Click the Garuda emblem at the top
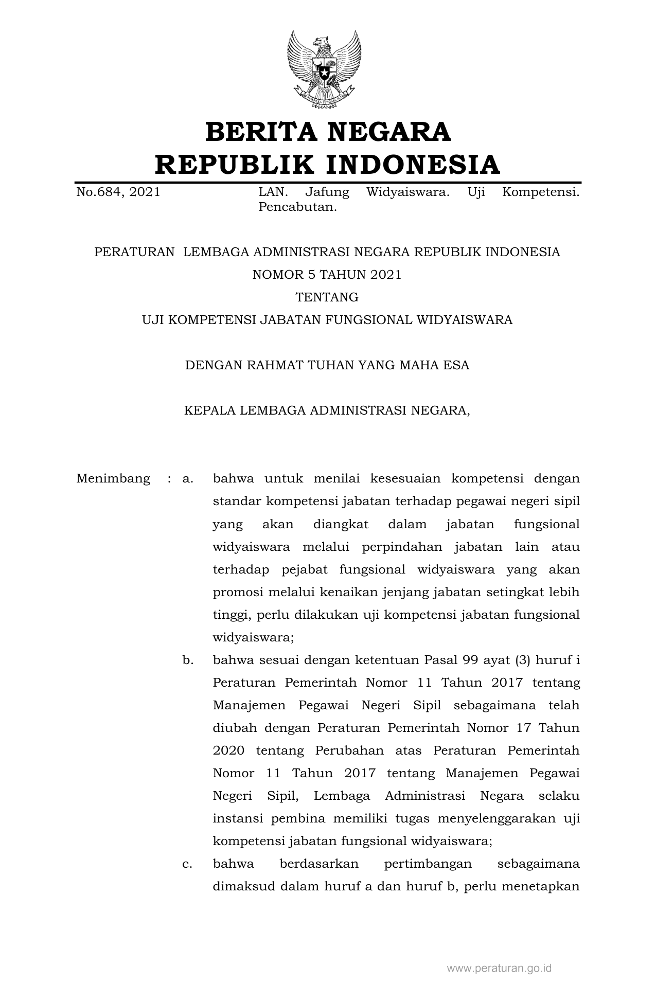(x=324, y=69)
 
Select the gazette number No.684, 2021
(x=118, y=192)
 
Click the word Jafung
(x=327, y=192)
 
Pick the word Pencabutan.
(x=298, y=208)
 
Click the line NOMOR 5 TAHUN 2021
(x=327, y=275)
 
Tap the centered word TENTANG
(x=327, y=297)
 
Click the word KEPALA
(x=209, y=410)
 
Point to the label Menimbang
(x=113, y=479)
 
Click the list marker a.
(x=188, y=479)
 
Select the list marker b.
(x=188, y=660)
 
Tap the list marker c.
(x=188, y=864)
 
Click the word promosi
(x=238, y=593)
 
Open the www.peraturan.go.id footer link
(x=499, y=969)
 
